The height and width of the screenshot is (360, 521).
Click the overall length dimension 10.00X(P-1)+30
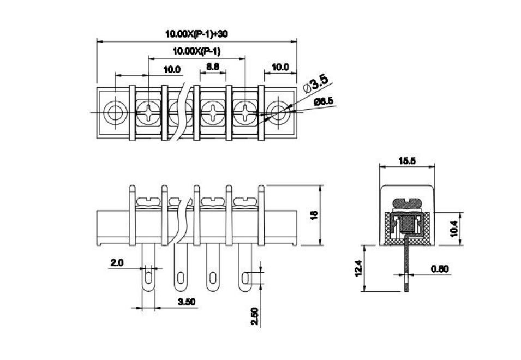pos(196,34)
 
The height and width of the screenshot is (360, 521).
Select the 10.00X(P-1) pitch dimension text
pos(196,51)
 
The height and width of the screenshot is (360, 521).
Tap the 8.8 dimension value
pos(213,67)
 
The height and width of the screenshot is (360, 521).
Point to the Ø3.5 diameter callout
pos(316,83)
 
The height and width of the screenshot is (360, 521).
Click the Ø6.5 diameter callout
pos(324,101)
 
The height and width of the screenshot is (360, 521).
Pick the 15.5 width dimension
pos(407,161)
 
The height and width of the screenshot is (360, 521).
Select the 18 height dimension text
pos(314,215)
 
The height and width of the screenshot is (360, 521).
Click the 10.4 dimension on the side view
pos(454,229)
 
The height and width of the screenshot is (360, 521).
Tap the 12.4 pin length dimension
pos(358,268)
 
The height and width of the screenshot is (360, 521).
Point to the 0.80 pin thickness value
pos(440,269)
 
